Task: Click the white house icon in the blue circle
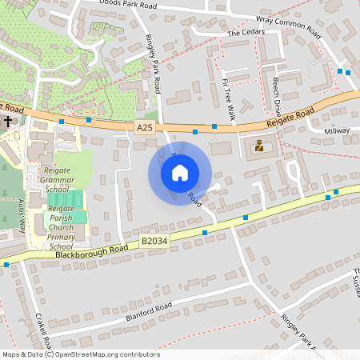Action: point(180,172)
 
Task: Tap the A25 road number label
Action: point(145,126)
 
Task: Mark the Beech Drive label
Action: point(278,94)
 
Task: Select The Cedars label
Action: point(245,33)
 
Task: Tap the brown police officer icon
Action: point(258,146)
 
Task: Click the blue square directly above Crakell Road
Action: point(6,264)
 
